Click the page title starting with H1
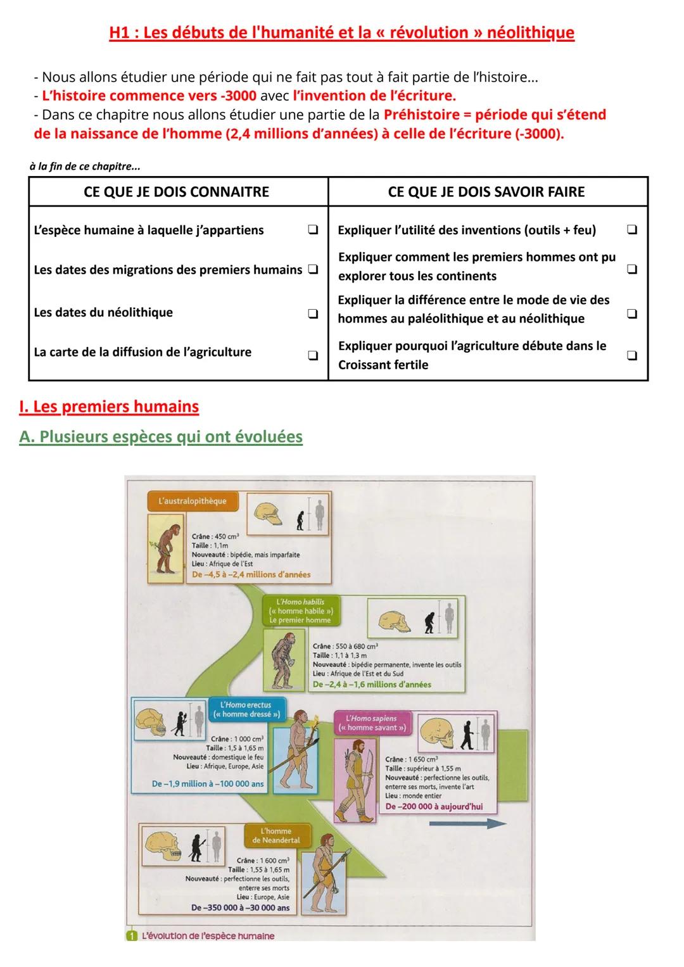341,33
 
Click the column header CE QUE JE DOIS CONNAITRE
176,192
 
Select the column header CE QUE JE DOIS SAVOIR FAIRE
486,192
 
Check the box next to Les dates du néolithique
313,313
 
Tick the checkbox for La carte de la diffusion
313,356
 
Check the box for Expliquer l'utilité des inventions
631,230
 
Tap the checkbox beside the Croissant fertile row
631,356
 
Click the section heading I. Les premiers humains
109,407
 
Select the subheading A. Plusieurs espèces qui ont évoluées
161,437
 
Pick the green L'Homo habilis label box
300,611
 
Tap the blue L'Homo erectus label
246,709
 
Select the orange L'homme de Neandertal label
276,835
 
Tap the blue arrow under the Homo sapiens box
467,823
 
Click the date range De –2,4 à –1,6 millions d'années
371,685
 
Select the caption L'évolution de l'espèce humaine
208,935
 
